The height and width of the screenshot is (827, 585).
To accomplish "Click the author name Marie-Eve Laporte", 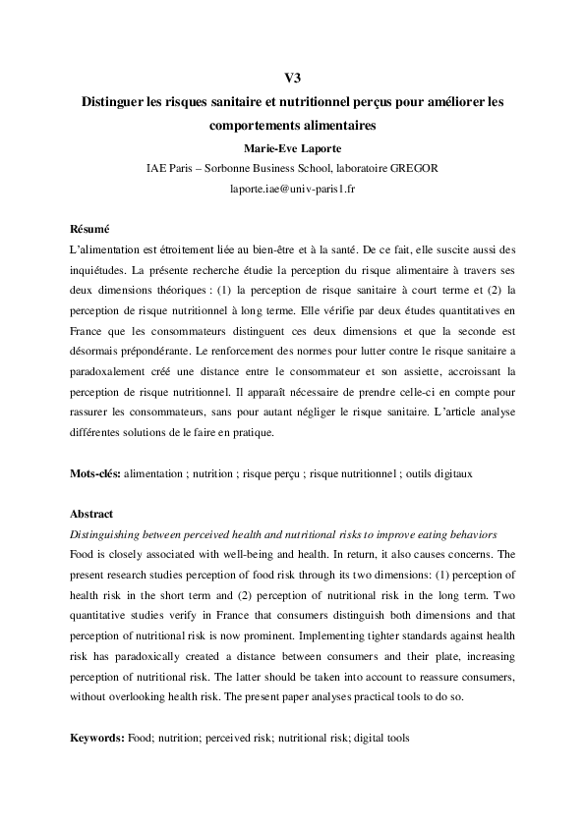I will point(291,147).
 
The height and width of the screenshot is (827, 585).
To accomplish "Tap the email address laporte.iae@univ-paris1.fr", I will point(291,187).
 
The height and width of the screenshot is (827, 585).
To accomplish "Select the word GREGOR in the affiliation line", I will point(411,167).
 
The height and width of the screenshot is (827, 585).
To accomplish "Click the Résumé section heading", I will point(89,228).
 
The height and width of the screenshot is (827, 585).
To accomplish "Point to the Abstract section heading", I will point(91,514).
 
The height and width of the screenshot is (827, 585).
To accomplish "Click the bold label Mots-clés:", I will point(95,473).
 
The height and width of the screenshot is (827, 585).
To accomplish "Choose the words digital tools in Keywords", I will point(380,737).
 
